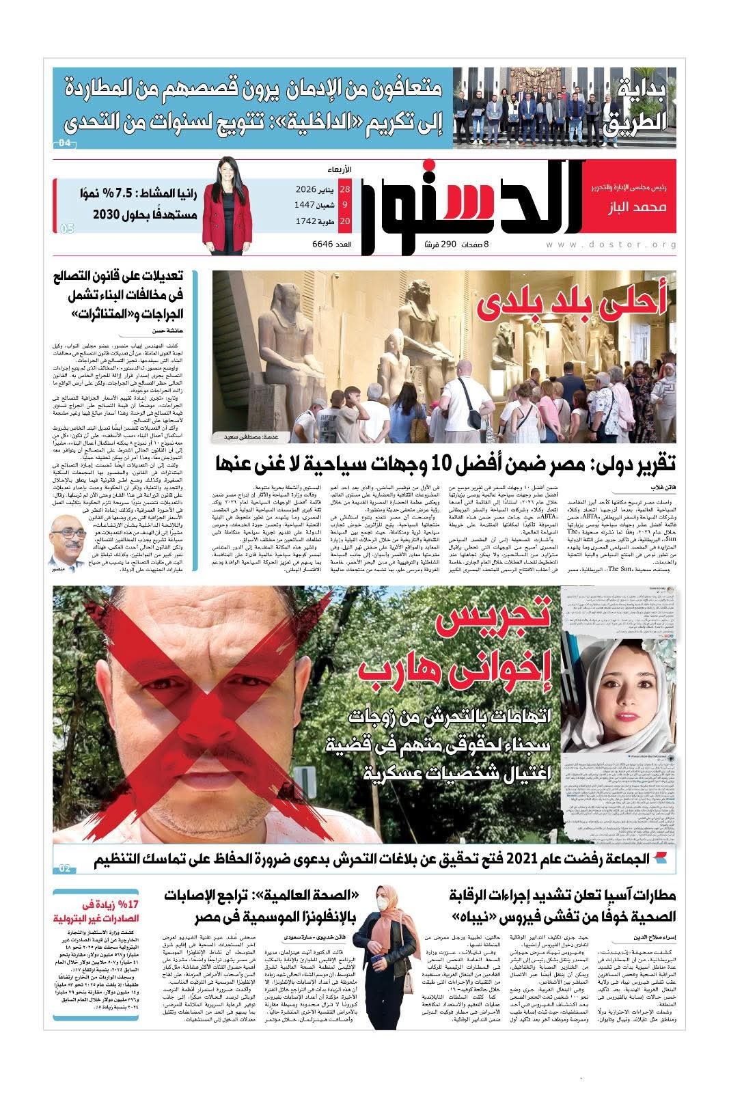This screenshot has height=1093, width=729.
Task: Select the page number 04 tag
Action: click(65, 143)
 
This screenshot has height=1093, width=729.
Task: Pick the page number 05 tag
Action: click(66, 229)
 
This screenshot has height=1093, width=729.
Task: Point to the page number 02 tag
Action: click(66, 868)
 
